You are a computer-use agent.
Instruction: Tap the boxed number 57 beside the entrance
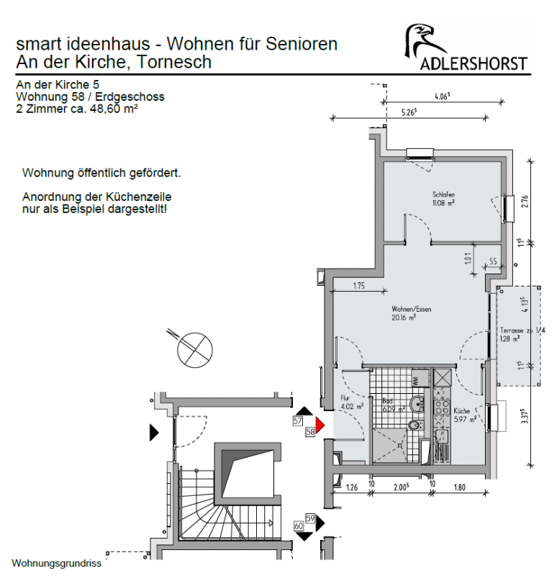coord(297,420)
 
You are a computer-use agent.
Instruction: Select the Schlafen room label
coord(443,195)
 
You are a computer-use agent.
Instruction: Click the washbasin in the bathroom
coord(417,403)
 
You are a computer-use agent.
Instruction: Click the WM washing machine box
coord(417,379)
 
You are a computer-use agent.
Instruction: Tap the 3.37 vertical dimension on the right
coord(525,420)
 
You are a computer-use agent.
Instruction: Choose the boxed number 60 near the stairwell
coord(299,526)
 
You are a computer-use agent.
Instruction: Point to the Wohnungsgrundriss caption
coord(56,563)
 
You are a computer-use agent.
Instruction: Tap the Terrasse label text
coord(512,330)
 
